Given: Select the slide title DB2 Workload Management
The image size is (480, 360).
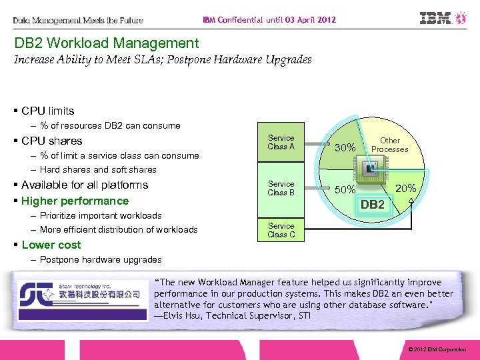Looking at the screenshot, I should [x=107, y=43].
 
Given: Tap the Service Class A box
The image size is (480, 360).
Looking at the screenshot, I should [x=281, y=142].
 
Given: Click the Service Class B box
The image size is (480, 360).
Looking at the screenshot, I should [x=281, y=188].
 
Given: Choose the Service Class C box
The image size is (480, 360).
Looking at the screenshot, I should [x=281, y=230].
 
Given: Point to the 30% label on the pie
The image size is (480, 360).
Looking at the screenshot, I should [x=344, y=147].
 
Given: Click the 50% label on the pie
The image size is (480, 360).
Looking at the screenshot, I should [x=345, y=190].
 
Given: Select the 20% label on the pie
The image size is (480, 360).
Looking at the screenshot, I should [x=406, y=189].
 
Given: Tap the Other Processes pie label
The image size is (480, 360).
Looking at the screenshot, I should [x=390, y=145].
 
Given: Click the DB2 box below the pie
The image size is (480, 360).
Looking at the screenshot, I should [x=372, y=205].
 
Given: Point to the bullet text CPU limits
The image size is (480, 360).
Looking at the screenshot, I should [x=47, y=111].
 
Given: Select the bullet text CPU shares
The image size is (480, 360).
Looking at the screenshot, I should [x=51, y=141].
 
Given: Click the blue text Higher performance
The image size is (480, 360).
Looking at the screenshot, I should [x=75, y=201].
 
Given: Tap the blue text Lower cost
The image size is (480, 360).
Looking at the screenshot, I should [x=51, y=245].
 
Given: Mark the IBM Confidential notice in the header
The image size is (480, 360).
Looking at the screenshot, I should [x=269, y=20].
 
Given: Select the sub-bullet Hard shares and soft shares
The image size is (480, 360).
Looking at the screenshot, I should [x=98, y=169].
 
